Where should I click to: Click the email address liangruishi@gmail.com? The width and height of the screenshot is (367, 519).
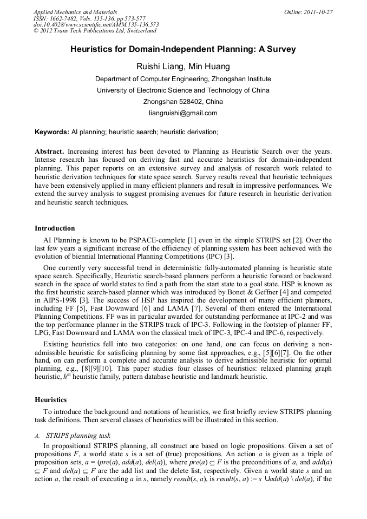[183, 113]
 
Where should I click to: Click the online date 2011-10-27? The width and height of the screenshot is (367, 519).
[318, 12]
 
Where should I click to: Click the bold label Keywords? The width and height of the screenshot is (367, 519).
[52, 132]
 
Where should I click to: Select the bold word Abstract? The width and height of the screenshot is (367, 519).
[49, 152]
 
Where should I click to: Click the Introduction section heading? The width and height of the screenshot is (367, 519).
[55, 228]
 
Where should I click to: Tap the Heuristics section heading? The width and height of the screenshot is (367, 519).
[51, 400]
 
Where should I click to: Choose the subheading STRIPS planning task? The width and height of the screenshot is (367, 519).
[79, 435]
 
